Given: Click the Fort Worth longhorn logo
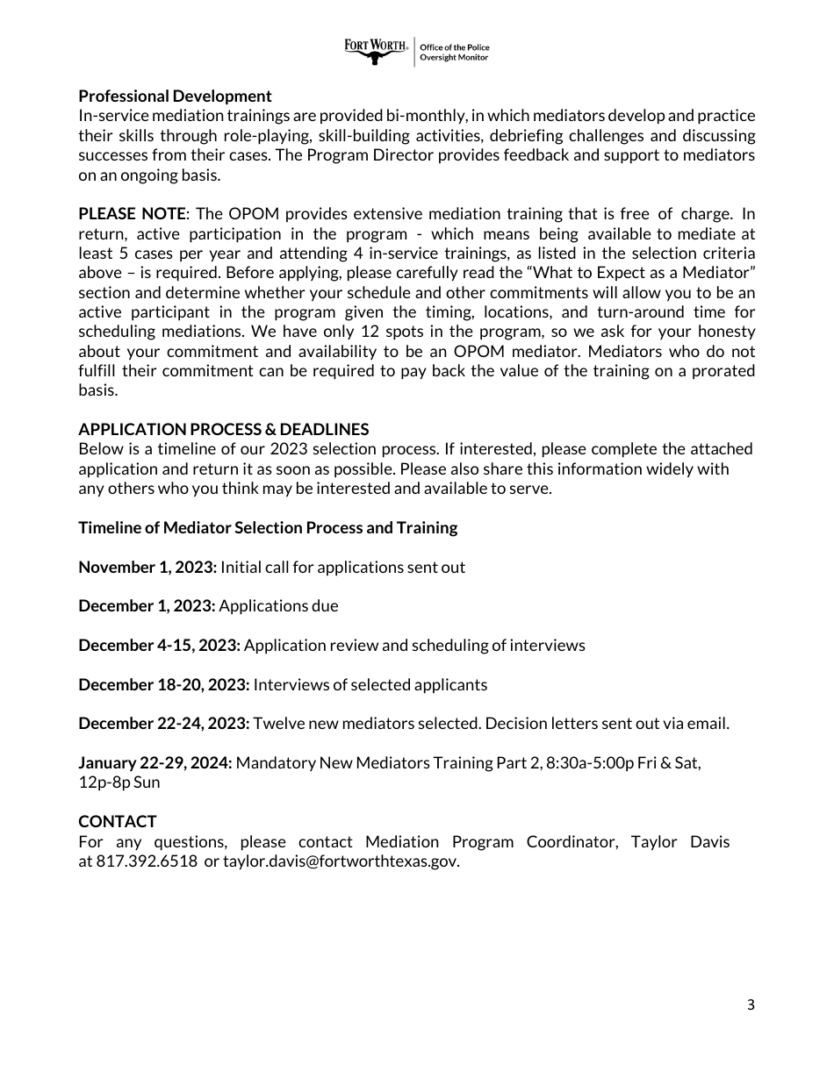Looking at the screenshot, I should click(x=377, y=52).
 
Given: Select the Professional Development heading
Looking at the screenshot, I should click(x=175, y=96).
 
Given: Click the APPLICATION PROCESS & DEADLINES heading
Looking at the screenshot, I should click(x=223, y=429).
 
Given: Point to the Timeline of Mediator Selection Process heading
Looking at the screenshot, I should click(x=268, y=527).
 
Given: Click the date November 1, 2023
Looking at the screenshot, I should click(x=147, y=567).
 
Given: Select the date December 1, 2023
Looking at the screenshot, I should click(x=147, y=606).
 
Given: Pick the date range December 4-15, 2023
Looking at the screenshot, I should click(x=159, y=646).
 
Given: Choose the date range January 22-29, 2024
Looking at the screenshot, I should click(x=155, y=763).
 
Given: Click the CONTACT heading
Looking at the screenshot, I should click(x=117, y=822).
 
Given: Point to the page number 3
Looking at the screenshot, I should click(x=750, y=1005).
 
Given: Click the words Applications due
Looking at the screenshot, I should click(x=278, y=606).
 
